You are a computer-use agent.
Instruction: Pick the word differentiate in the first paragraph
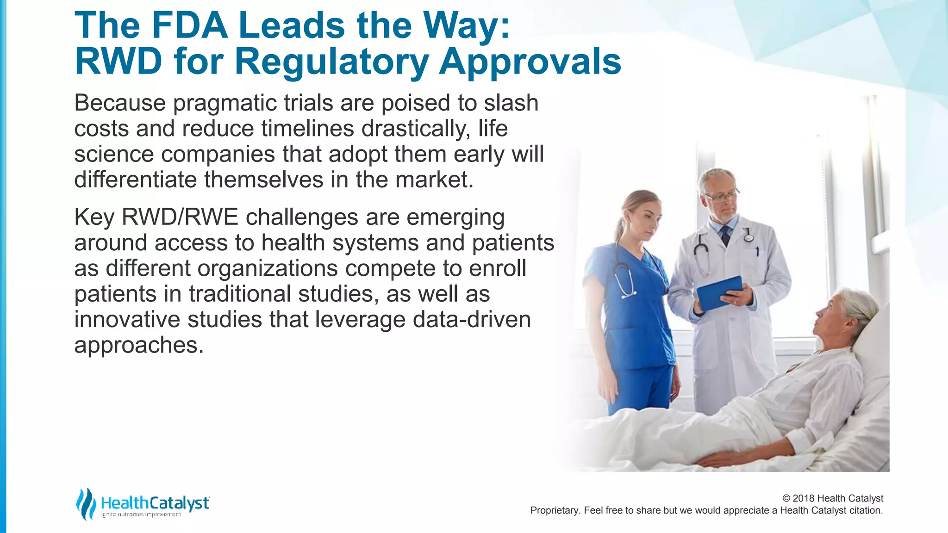pyautogui.click(x=135, y=180)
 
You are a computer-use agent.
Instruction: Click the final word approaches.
pyautogui.click(x=138, y=345)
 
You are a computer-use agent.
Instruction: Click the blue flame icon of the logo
pyautogui.click(x=86, y=503)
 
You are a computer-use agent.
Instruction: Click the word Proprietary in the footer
pyautogui.click(x=555, y=510)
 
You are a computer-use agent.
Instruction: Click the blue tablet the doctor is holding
pyautogui.click(x=719, y=292)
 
